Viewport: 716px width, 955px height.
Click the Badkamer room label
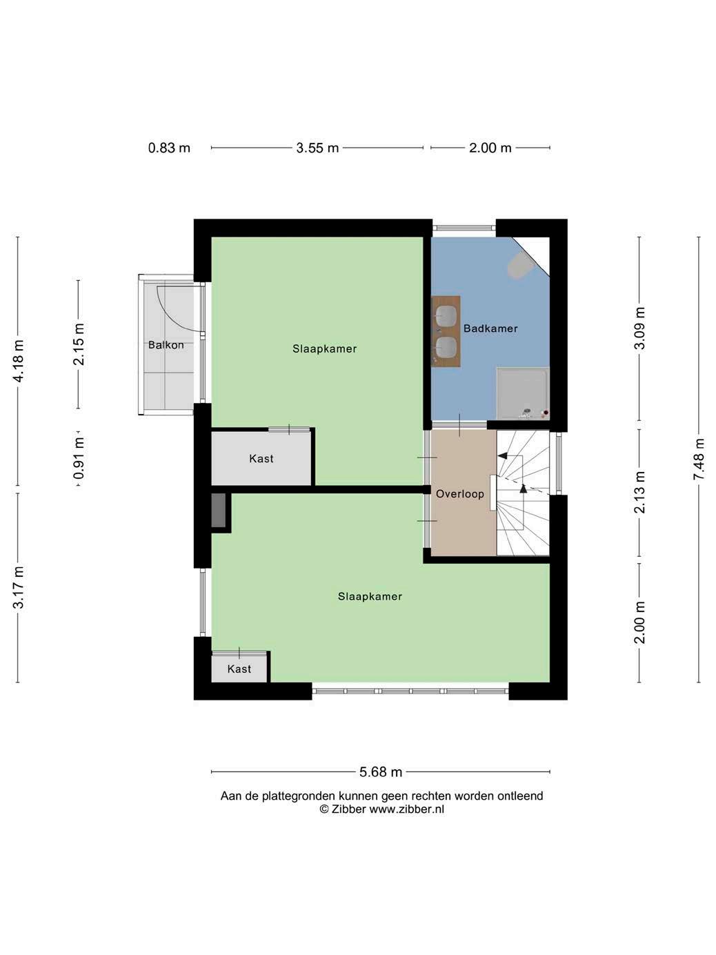pos(490,328)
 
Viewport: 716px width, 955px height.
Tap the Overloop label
pos(460,494)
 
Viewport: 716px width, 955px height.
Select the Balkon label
pos(166,345)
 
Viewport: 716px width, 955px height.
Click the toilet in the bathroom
pos(519,266)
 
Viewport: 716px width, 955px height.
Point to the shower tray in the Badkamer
pos(523,394)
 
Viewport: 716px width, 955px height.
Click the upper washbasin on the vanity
pos(446,316)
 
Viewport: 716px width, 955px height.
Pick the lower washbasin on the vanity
pos(446,348)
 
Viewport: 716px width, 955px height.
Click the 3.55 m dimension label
pos(317,148)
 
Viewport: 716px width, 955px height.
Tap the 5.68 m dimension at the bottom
pos(380,772)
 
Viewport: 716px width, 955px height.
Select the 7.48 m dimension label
pos(698,459)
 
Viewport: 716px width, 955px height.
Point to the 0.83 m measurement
pos(169,148)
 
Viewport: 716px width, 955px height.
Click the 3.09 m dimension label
pos(639,328)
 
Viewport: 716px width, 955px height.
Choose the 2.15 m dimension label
pos(79,344)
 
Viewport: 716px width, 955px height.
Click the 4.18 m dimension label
pos(18,361)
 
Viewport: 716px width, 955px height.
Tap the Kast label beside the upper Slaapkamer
pos(261,459)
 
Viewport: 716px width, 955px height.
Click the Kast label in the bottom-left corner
pos(239,669)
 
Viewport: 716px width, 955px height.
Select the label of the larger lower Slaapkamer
pos(370,596)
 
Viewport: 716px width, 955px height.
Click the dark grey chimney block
pos(219,511)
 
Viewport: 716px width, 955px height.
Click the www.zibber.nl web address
pos(406,809)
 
